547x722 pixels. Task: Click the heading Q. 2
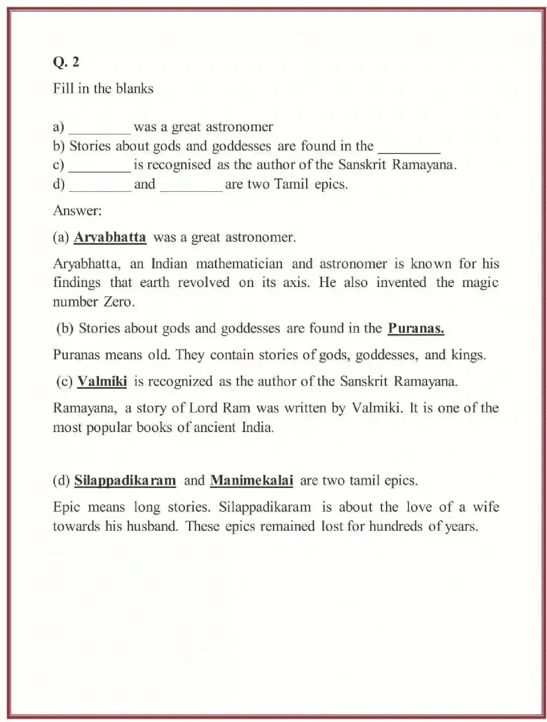(x=66, y=62)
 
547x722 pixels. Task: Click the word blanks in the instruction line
(x=134, y=89)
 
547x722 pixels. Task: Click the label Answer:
(x=77, y=211)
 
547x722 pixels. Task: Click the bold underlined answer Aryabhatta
(x=110, y=237)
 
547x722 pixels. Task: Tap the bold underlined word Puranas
(x=416, y=328)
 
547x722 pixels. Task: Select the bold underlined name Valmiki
(x=102, y=381)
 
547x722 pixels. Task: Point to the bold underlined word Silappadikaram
(x=125, y=480)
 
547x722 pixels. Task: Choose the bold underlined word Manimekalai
(x=251, y=480)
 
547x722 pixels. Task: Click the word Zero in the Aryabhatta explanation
(x=118, y=302)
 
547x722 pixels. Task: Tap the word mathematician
(x=239, y=264)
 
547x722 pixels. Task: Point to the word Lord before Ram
(x=203, y=408)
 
